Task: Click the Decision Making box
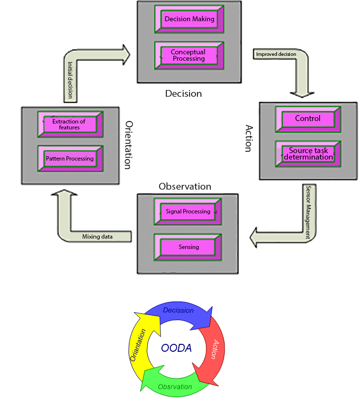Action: click(x=190, y=19)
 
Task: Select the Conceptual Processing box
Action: click(x=188, y=55)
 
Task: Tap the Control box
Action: click(x=308, y=119)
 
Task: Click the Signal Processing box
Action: click(x=188, y=211)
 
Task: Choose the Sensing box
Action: click(x=188, y=247)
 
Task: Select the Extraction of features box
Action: click(x=69, y=124)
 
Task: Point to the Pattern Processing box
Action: click(x=70, y=159)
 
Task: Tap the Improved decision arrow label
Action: click(x=276, y=54)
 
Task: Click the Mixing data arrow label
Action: click(x=97, y=237)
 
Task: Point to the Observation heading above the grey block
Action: click(x=185, y=187)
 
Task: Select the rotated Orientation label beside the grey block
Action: click(x=128, y=145)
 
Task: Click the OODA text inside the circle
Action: click(x=176, y=348)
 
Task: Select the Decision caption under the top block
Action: click(x=183, y=93)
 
